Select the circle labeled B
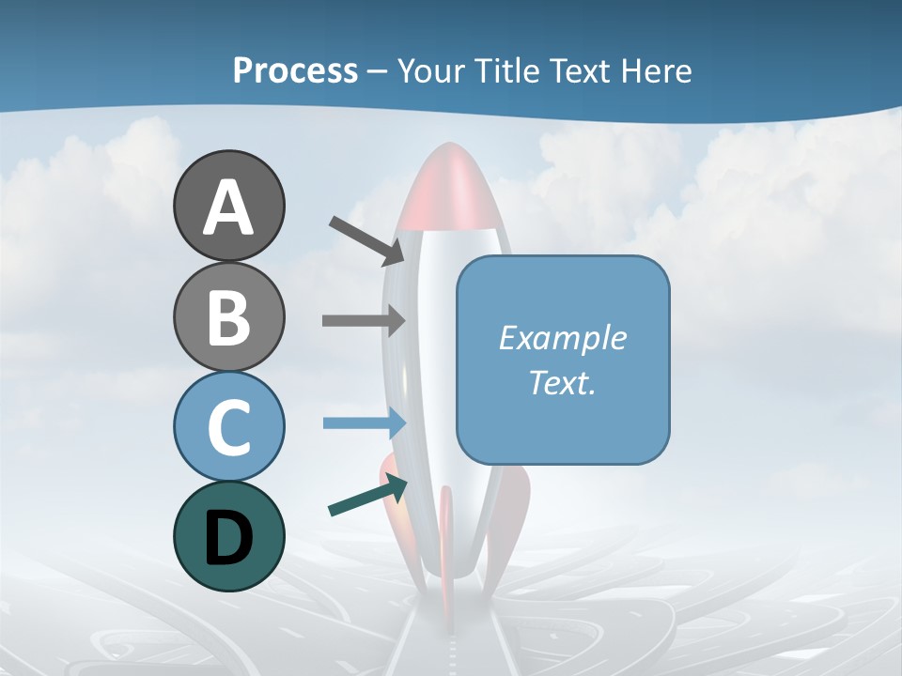point(228,316)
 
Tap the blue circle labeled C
point(228,426)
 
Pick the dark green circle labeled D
point(228,536)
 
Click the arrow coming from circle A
point(366,239)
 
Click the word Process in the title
point(295,70)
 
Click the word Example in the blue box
point(562,338)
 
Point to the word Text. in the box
point(562,383)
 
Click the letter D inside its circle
point(228,538)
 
